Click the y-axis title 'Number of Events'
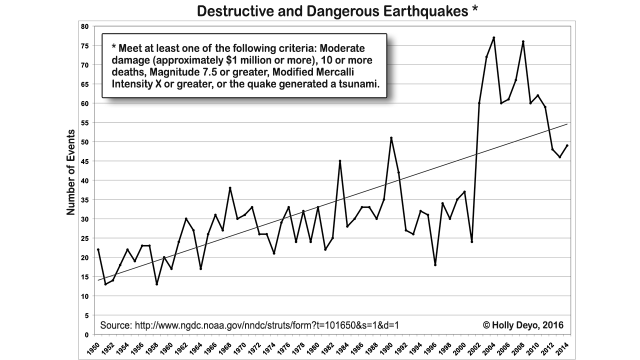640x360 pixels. tap(71, 172)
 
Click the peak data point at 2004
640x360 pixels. tap(493, 37)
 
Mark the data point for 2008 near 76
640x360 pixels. tap(523, 41)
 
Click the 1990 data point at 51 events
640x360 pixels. tap(391, 138)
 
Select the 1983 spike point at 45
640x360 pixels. tap(339, 161)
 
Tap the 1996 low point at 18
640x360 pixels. tap(435, 265)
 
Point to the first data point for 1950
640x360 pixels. tap(98, 249)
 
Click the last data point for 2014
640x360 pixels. tap(567, 145)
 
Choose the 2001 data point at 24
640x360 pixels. tap(471, 242)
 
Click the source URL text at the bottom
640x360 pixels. tap(249, 325)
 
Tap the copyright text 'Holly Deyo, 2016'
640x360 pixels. tap(523, 325)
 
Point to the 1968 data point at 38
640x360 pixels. tap(229, 188)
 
